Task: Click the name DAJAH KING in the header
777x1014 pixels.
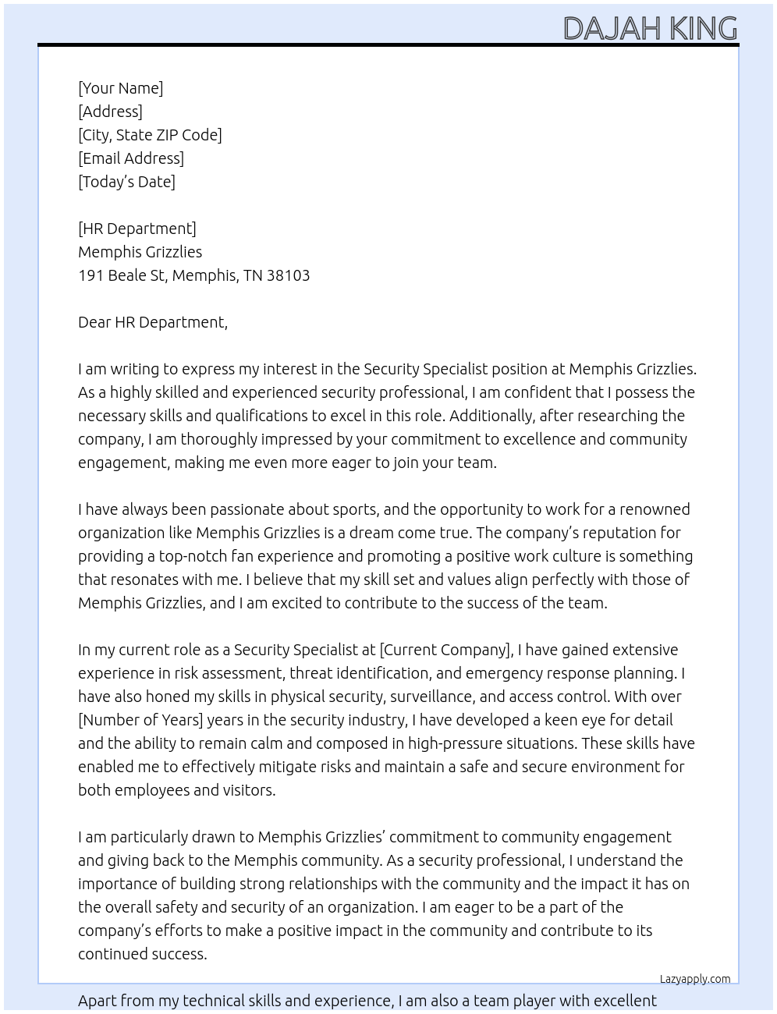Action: click(x=650, y=29)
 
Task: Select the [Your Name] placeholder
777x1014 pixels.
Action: click(x=120, y=88)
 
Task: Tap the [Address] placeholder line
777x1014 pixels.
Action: click(x=110, y=112)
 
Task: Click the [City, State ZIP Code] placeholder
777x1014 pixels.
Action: click(x=150, y=135)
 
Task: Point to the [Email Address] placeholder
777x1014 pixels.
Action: click(x=131, y=158)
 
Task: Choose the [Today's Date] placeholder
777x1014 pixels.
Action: click(x=126, y=182)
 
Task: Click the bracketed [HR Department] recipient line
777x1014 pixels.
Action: click(x=137, y=229)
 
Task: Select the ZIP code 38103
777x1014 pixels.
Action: click(x=288, y=275)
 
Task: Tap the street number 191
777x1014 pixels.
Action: click(x=90, y=275)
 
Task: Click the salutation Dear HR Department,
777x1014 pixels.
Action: click(x=153, y=322)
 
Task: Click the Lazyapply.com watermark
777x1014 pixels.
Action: click(x=695, y=979)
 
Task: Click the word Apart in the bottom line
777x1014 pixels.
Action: click(x=98, y=1001)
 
